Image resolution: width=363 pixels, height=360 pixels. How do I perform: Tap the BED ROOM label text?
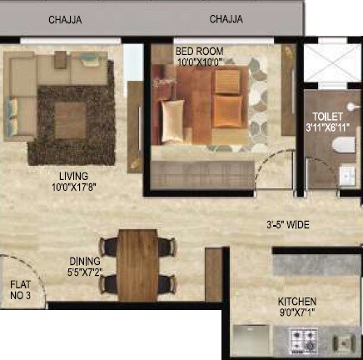(x=199, y=51)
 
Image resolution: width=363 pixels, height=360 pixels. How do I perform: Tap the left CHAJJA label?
(x=65, y=18)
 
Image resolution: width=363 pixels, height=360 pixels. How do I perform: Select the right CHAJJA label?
(x=226, y=18)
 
